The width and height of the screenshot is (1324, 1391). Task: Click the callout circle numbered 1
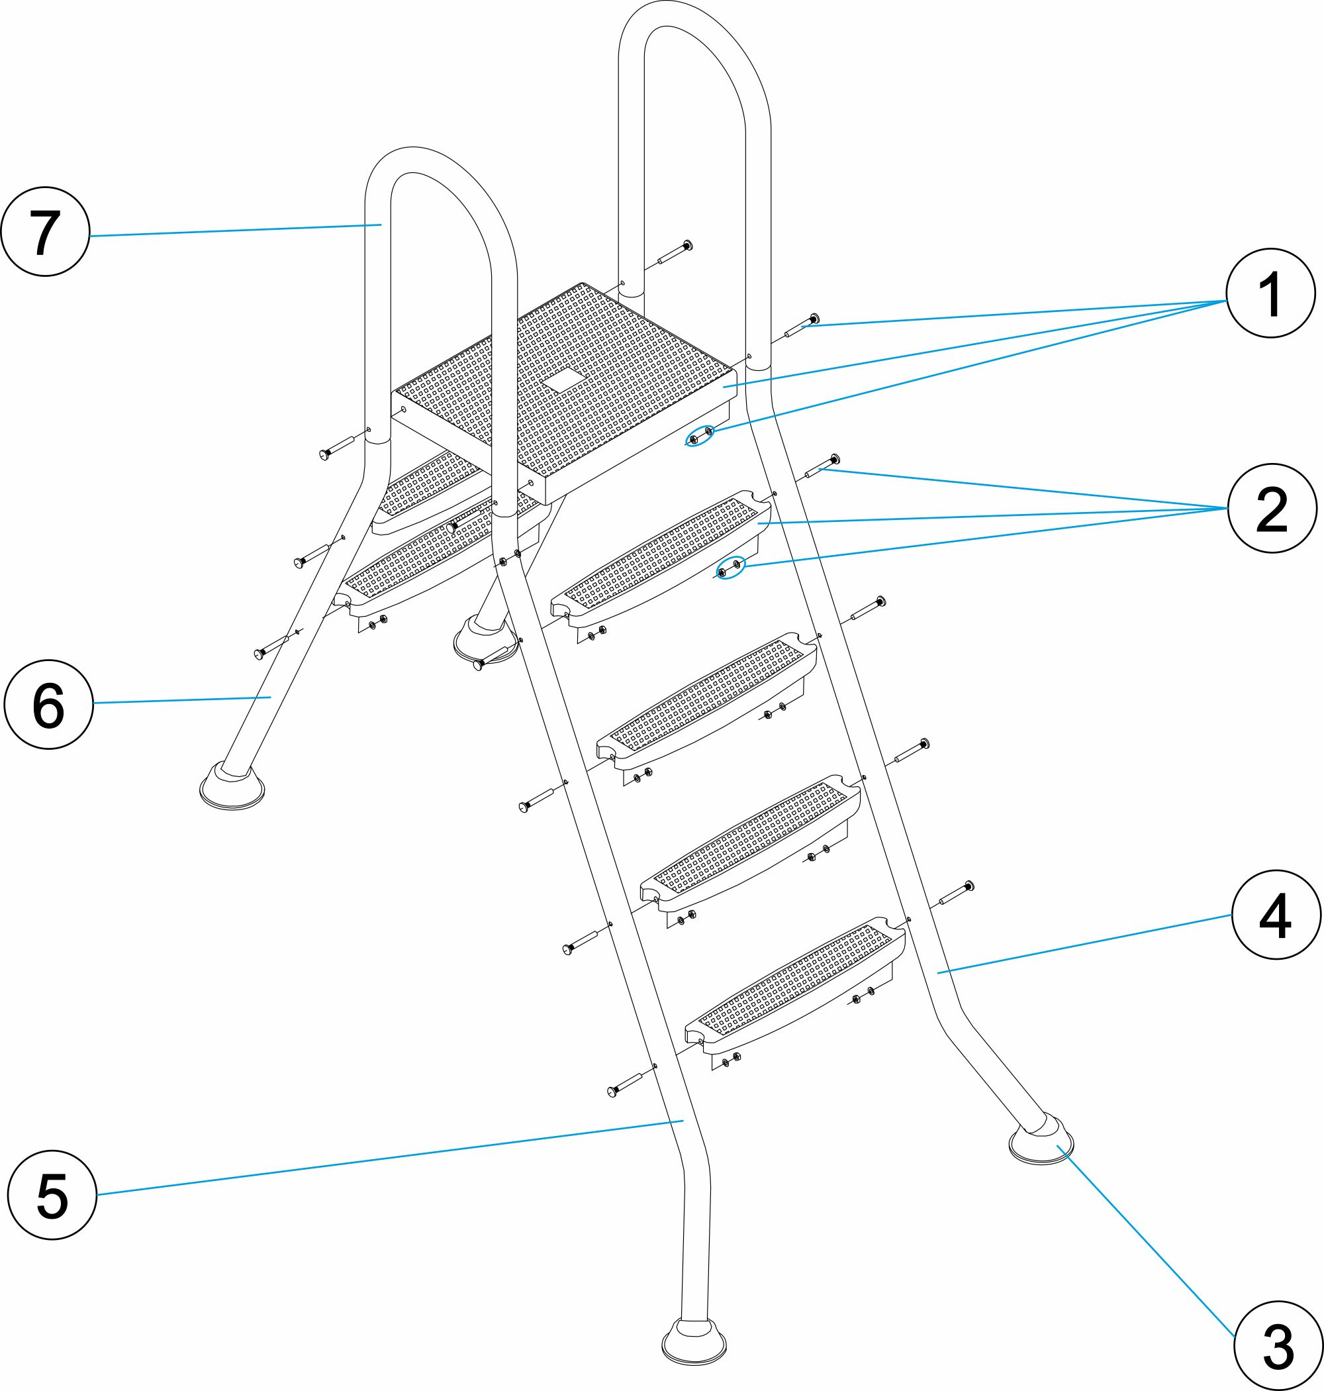(1270, 293)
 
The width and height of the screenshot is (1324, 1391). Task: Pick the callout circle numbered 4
(1276, 914)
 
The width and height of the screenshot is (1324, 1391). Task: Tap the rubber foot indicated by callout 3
(1041, 1143)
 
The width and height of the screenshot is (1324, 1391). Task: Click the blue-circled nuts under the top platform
(701, 436)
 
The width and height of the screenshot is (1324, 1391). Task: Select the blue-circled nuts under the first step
(729, 568)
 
